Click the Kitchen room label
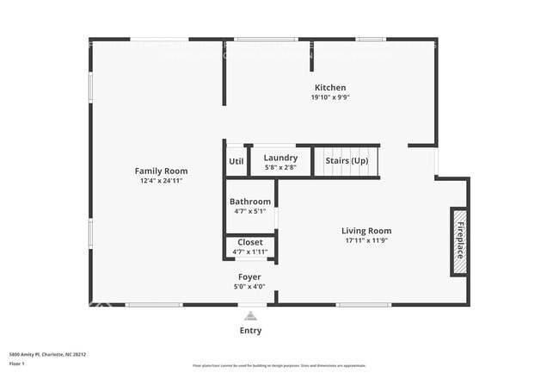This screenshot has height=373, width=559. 330,88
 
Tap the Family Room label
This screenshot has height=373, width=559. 161,171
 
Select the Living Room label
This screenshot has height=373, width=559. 366,231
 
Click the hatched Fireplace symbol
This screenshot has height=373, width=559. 459,241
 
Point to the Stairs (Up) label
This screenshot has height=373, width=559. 347,161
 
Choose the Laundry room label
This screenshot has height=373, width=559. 280,158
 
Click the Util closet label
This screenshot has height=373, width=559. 236,161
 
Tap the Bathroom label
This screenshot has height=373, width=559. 250,202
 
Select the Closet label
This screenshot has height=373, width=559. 250,242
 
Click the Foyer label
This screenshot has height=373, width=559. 249,277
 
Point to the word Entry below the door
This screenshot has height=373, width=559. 250,331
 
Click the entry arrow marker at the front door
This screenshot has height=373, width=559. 250,315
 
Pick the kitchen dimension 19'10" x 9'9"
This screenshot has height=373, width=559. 330,97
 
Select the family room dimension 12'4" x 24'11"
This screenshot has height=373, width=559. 161,181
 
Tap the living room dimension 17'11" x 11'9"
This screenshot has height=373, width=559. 366,240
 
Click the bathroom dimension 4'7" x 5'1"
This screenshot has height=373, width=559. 250,211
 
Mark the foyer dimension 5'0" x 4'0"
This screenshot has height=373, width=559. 249,287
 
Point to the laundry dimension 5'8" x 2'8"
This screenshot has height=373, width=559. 280,167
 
